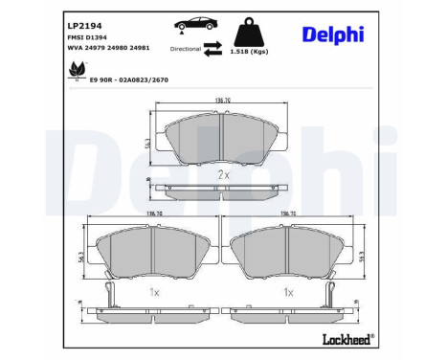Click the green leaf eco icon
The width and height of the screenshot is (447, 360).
pos(75,70)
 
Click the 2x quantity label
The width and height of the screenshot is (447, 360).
pos(222,174)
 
